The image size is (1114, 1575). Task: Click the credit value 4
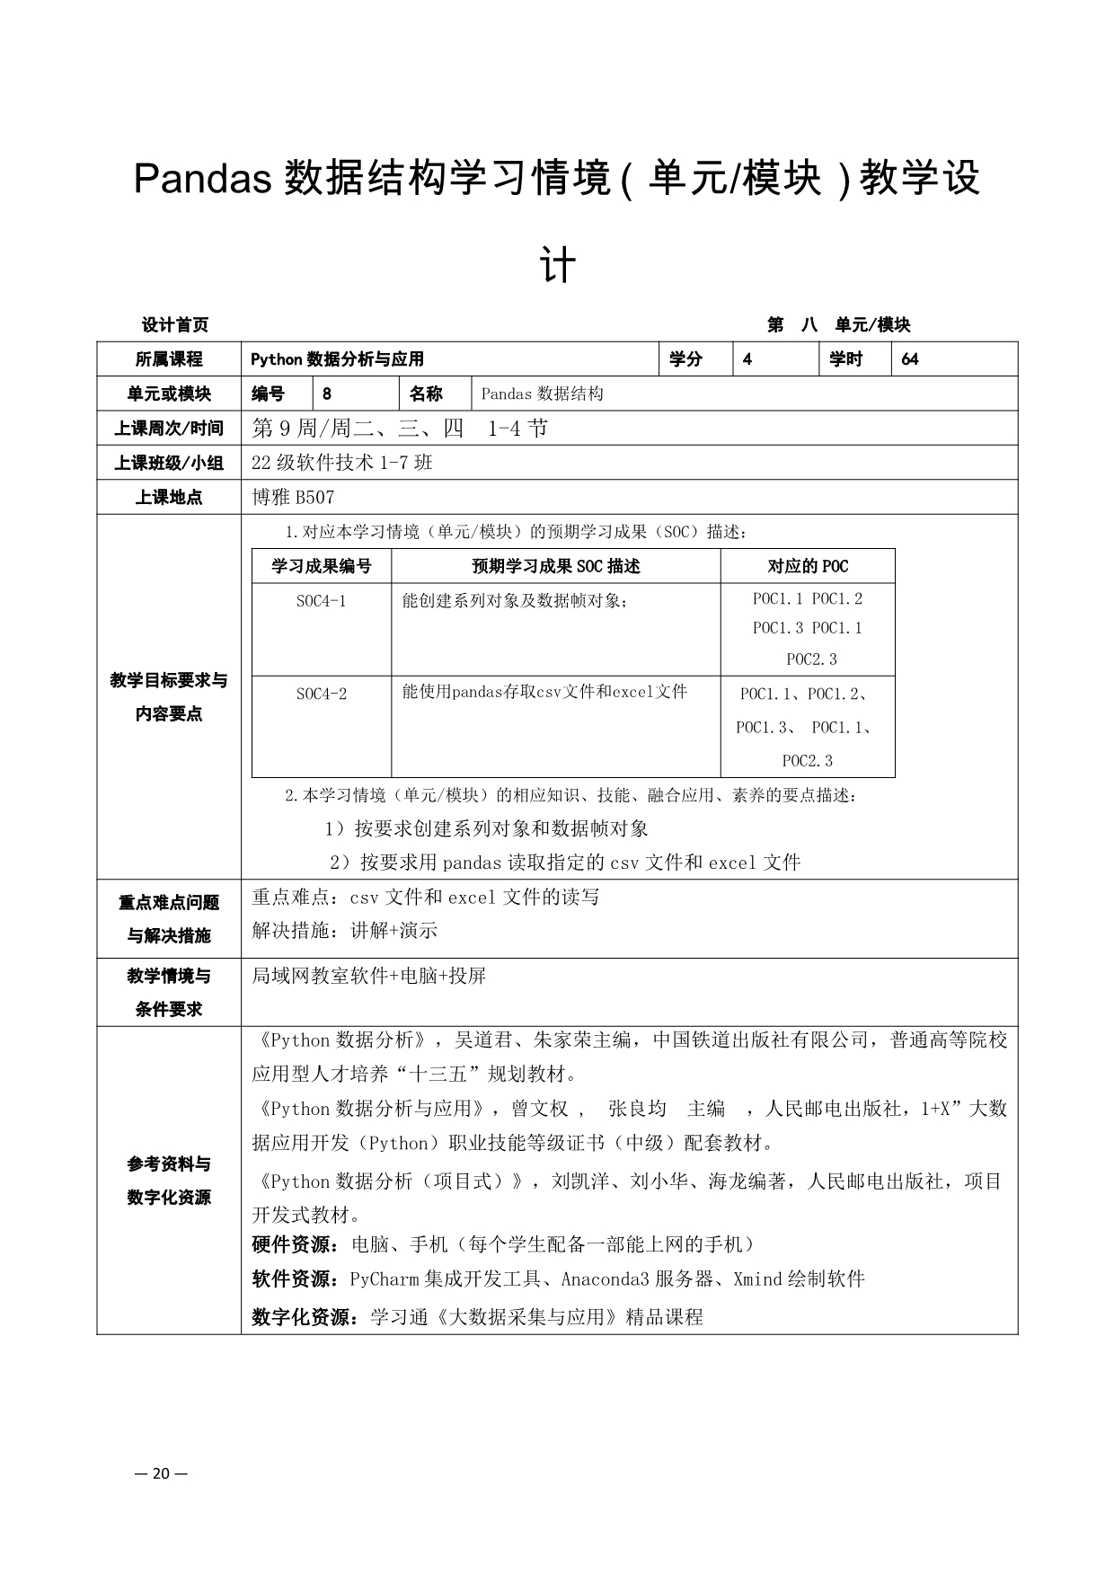click(747, 359)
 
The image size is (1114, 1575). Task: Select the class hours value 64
click(909, 359)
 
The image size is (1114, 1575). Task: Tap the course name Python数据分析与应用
click(337, 359)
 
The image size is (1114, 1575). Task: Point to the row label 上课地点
click(169, 497)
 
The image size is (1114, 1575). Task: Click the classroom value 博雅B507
click(294, 497)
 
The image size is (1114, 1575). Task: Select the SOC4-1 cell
click(321, 601)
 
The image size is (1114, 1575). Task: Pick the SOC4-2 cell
click(321, 695)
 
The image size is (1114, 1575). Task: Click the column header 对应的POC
click(807, 566)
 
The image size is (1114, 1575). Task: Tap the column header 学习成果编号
click(321, 566)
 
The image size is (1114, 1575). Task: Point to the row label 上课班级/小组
click(169, 463)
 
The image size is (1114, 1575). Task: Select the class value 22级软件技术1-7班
click(342, 463)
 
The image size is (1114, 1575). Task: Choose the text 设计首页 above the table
click(175, 324)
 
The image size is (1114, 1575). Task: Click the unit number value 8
click(326, 394)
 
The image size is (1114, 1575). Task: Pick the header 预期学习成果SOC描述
click(555, 566)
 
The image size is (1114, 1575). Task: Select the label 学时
click(845, 359)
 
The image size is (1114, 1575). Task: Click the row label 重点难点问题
click(169, 902)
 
